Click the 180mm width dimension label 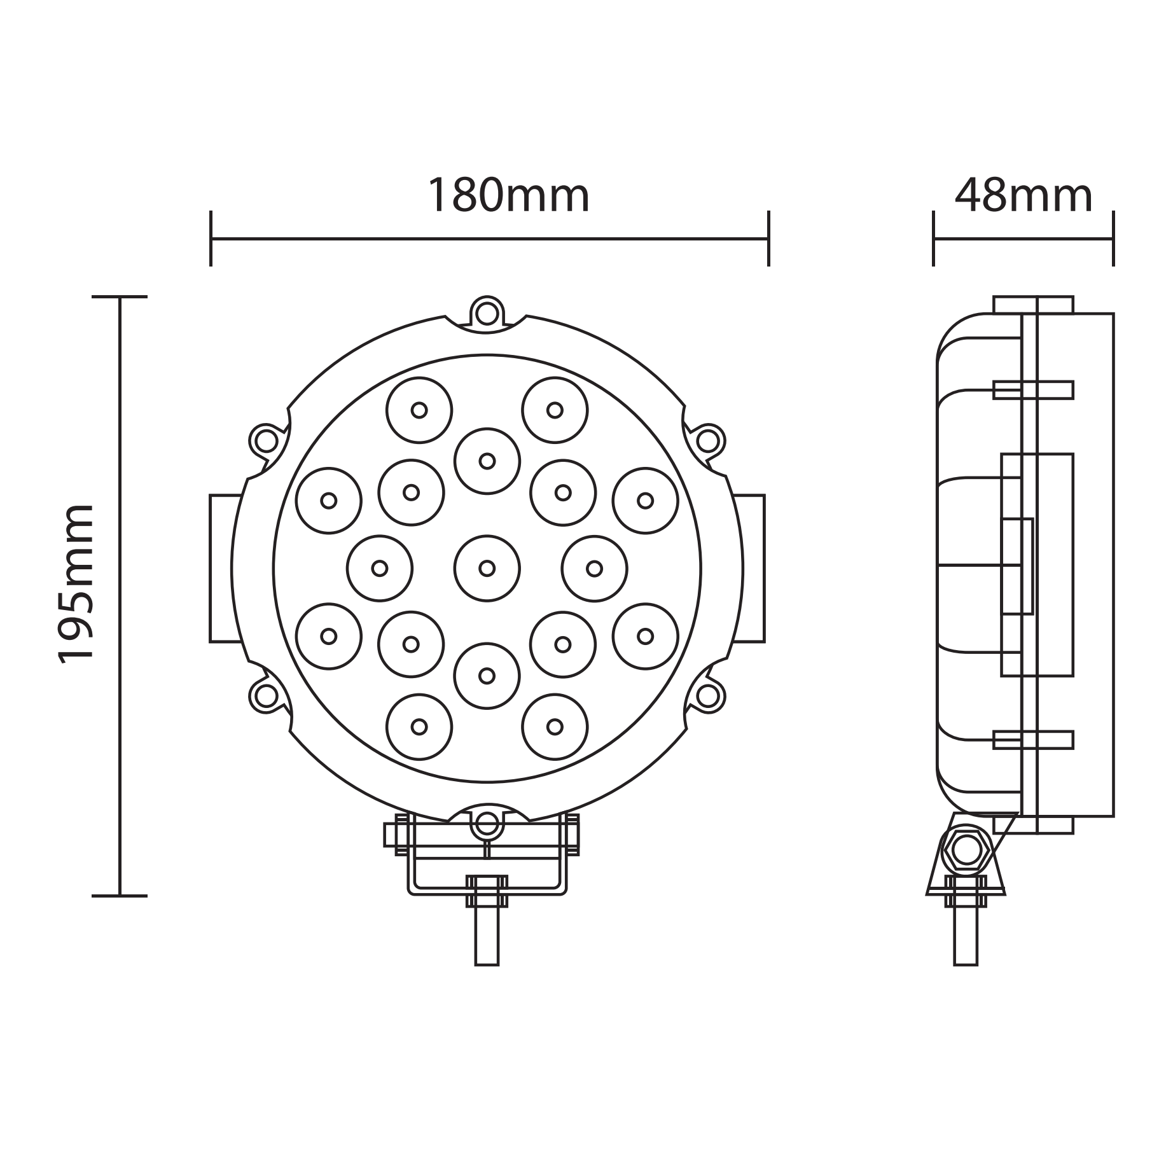coord(509,195)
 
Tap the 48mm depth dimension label coord(1024,195)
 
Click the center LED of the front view coord(487,568)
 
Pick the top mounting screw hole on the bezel coord(487,312)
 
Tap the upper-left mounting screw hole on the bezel coord(265,440)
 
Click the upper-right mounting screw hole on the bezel coord(708,440)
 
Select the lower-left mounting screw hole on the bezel coord(265,695)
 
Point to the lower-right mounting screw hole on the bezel coord(708,695)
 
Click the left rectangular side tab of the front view coord(223,568)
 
